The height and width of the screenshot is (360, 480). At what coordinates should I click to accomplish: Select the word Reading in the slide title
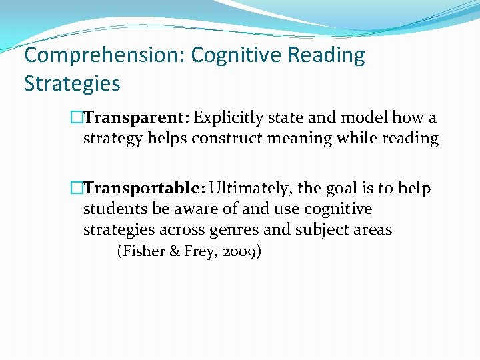point(327,55)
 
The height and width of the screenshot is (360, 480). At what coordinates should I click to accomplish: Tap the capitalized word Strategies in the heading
point(72,83)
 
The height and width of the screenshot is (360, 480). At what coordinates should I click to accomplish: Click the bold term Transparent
point(138,118)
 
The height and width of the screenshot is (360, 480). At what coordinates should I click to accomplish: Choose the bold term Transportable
point(143,189)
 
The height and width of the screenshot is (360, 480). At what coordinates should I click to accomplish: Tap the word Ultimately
point(247,189)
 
